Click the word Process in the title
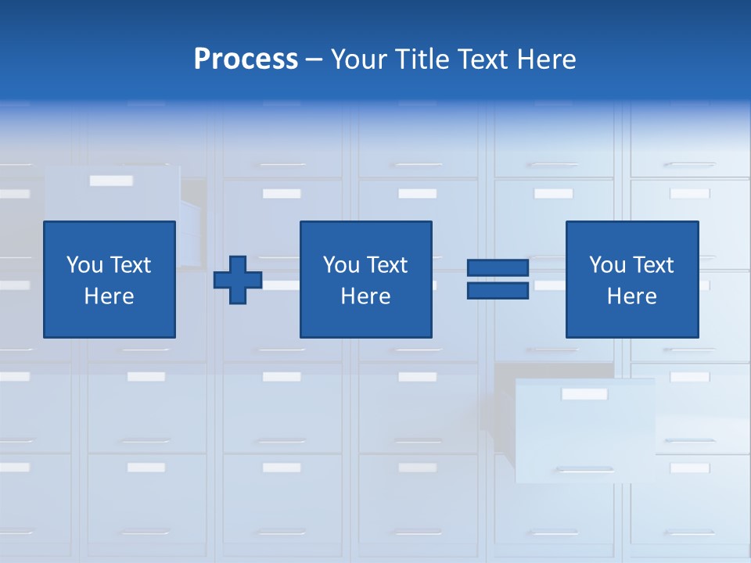click(246, 59)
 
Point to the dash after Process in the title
click(314, 60)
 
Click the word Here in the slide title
click(546, 59)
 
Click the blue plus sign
click(238, 280)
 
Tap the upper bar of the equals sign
click(498, 268)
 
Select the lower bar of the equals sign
click(498, 290)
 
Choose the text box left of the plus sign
click(109, 279)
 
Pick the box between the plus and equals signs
click(365, 279)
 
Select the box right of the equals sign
click(631, 279)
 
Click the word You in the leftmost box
click(84, 265)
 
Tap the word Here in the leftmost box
click(109, 296)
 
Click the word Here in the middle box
click(365, 296)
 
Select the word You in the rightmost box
click(607, 265)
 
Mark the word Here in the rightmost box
click(631, 296)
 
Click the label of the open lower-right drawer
click(584, 394)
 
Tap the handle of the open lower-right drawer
click(584, 469)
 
